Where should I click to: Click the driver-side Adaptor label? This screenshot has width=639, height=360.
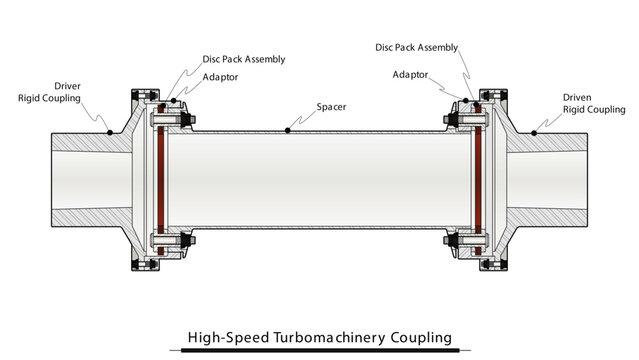(x=220, y=76)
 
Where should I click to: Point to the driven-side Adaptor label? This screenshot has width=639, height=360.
(x=411, y=74)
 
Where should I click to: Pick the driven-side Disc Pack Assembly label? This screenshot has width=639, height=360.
(x=416, y=46)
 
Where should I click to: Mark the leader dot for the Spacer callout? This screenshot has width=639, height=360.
(x=287, y=129)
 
